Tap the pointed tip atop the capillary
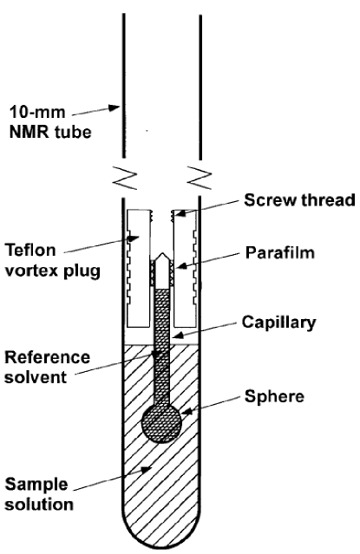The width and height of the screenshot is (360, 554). coord(161,259)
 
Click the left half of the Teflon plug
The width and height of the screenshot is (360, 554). coord(136,269)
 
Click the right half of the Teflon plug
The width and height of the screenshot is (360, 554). coord(187,269)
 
